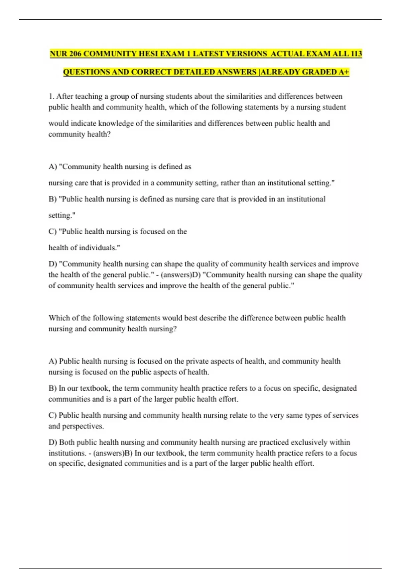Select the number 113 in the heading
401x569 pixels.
(356, 54)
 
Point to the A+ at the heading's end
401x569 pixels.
(344, 72)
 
